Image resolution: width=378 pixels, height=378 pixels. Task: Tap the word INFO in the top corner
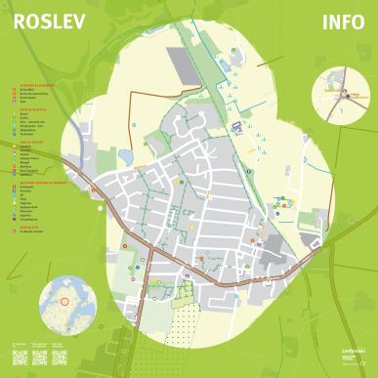[x=341, y=22]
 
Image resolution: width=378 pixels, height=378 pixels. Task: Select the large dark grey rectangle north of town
[x=186, y=64]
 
